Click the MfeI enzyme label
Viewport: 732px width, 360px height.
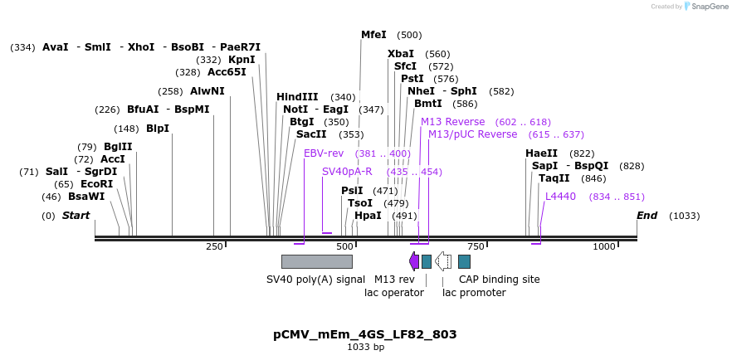[x=373, y=35]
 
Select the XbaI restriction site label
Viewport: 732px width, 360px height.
[x=401, y=54]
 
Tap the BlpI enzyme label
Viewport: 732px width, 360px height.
[x=158, y=129]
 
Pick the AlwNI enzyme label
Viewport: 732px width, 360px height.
[x=207, y=91]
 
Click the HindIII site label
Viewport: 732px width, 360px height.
[x=297, y=97]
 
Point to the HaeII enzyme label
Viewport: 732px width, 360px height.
[x=542, y=153]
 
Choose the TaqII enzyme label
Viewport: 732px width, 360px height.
[x=554, y=178]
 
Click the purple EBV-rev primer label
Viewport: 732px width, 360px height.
[x=324, y=153]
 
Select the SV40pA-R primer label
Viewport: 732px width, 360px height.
[x=347, y=172]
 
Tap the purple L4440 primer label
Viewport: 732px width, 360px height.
[x=560, y=197]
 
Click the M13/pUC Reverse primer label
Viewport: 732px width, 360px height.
[x=472, y=134]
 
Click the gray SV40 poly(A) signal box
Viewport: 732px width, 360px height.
[x=317, y=261]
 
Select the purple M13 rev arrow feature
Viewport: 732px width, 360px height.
[x=414, y=261]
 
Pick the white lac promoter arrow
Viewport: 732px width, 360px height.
[x=443, y=261]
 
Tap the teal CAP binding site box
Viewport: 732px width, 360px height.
[x=464, y=261]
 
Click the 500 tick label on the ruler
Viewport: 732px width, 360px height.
[x=344, y=246]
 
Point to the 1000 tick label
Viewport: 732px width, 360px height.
[x=604, y=246]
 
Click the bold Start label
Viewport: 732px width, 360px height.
[x=76, y=216]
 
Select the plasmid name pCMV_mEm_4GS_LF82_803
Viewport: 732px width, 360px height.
[x=365, y=334]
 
